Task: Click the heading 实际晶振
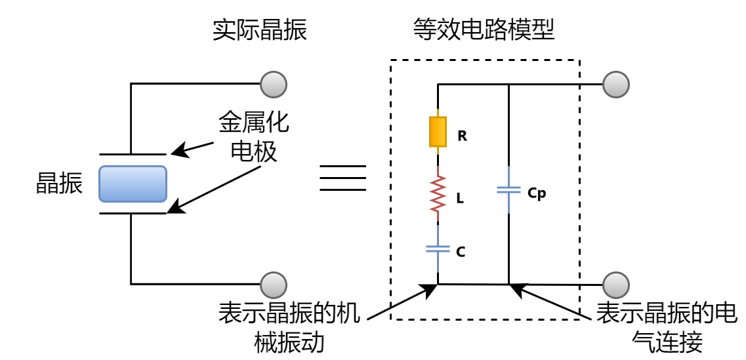click(x=260, y=30)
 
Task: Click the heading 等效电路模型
click(x=484, y=30)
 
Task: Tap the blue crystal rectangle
click(x=133, y=184)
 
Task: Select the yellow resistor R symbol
click(x=438, y=132)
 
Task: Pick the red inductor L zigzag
click(x=438, y=193)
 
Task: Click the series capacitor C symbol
click(x=438, y=249)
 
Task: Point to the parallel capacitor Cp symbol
click(x=510, y=190)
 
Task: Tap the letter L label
click(x=460, y=198)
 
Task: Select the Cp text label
click(x=536, y=193)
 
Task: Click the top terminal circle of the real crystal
click(x=274, y=84)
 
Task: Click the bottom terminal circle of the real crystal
click(x=274, y=285)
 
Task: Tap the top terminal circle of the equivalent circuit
click(x=616, y=84)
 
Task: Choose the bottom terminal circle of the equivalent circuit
click(x=616, y=285)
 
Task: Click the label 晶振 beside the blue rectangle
click(x=59, y=184)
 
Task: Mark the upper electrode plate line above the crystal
click(x=133, y=154)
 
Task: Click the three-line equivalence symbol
click(x=342, y=178)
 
